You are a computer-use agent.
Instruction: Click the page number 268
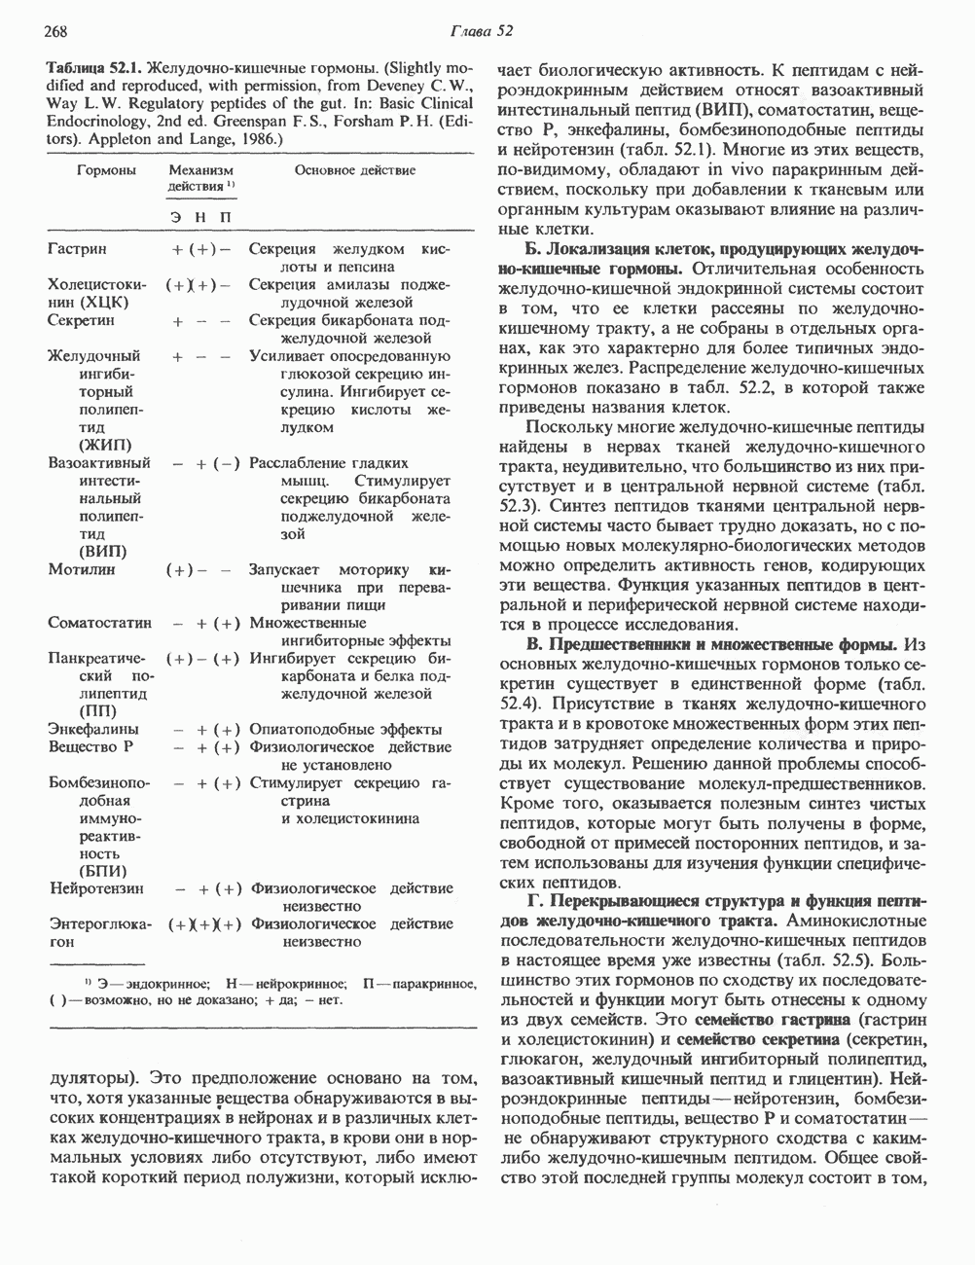tap(29, 31)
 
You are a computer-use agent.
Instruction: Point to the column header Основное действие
tap(355, 170)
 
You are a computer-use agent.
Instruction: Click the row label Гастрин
tap(77, 249)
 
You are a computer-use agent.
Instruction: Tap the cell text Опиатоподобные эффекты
tap(345, 729)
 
